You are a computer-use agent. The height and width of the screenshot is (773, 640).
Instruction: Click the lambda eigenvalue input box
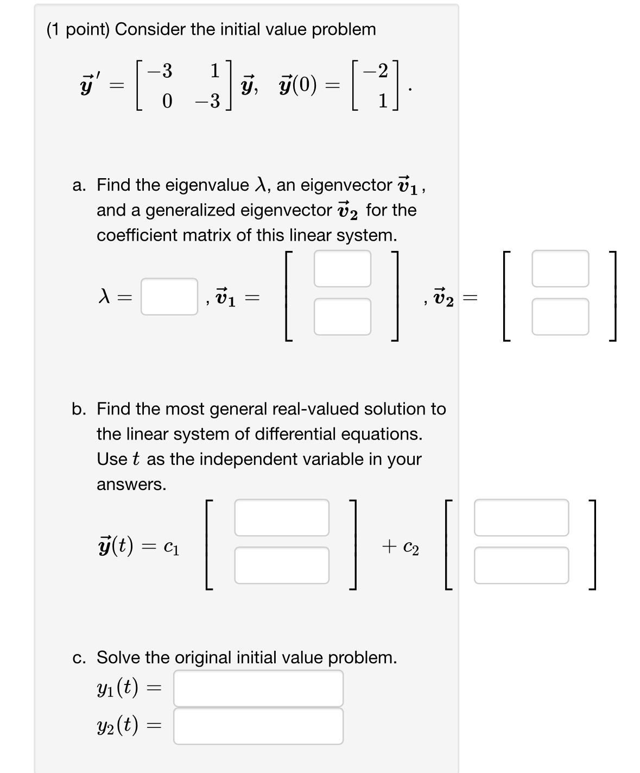tap(169, 297)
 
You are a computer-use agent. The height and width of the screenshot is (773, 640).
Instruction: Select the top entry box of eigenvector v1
tap(342, 268)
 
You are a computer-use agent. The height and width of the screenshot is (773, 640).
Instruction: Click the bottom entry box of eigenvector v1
tap(342, 316)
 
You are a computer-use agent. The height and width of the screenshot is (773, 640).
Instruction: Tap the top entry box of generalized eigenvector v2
tap(560, 268)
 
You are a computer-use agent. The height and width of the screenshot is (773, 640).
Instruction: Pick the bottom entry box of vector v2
tap(560, 316)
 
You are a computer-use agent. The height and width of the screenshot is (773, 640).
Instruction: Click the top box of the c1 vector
tap(281, 518)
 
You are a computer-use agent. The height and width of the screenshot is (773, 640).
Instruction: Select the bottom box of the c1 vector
tap(281, 565)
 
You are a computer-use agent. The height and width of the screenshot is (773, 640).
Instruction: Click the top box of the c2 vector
tap(521, 518)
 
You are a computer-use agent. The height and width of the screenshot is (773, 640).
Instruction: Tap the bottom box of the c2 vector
tap(521, 565)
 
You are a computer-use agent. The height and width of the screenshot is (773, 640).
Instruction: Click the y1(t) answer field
tap(258, 688)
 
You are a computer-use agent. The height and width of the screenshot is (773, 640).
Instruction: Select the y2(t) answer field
tap(258, 726)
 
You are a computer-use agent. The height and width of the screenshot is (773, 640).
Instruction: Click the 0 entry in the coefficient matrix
tap(167, 101)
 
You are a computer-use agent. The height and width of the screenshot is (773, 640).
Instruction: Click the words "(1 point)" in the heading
tap(78, 29)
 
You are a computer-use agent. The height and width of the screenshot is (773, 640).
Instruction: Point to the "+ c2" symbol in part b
tap(401, 547)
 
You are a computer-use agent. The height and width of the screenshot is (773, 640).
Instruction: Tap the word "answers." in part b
tap(131, 484)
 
